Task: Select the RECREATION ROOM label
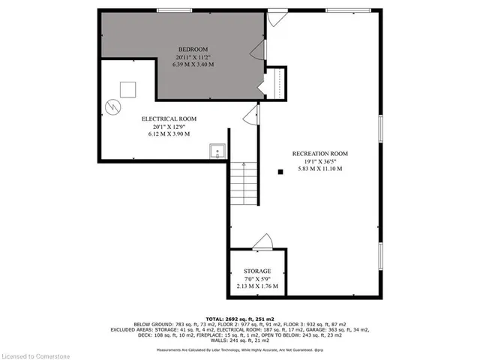point(320,154)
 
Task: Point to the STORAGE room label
point(256,271)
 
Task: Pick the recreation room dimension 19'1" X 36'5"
point(320,161)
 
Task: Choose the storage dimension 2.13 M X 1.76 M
point(256,286)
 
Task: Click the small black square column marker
point(280,172)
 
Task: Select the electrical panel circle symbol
point(113,106)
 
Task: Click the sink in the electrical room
point(217,150)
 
